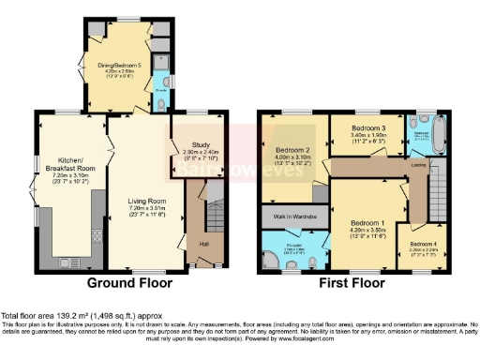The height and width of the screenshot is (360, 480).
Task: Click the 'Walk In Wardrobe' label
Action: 292,217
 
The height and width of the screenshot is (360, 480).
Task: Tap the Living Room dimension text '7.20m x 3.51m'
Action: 147,207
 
